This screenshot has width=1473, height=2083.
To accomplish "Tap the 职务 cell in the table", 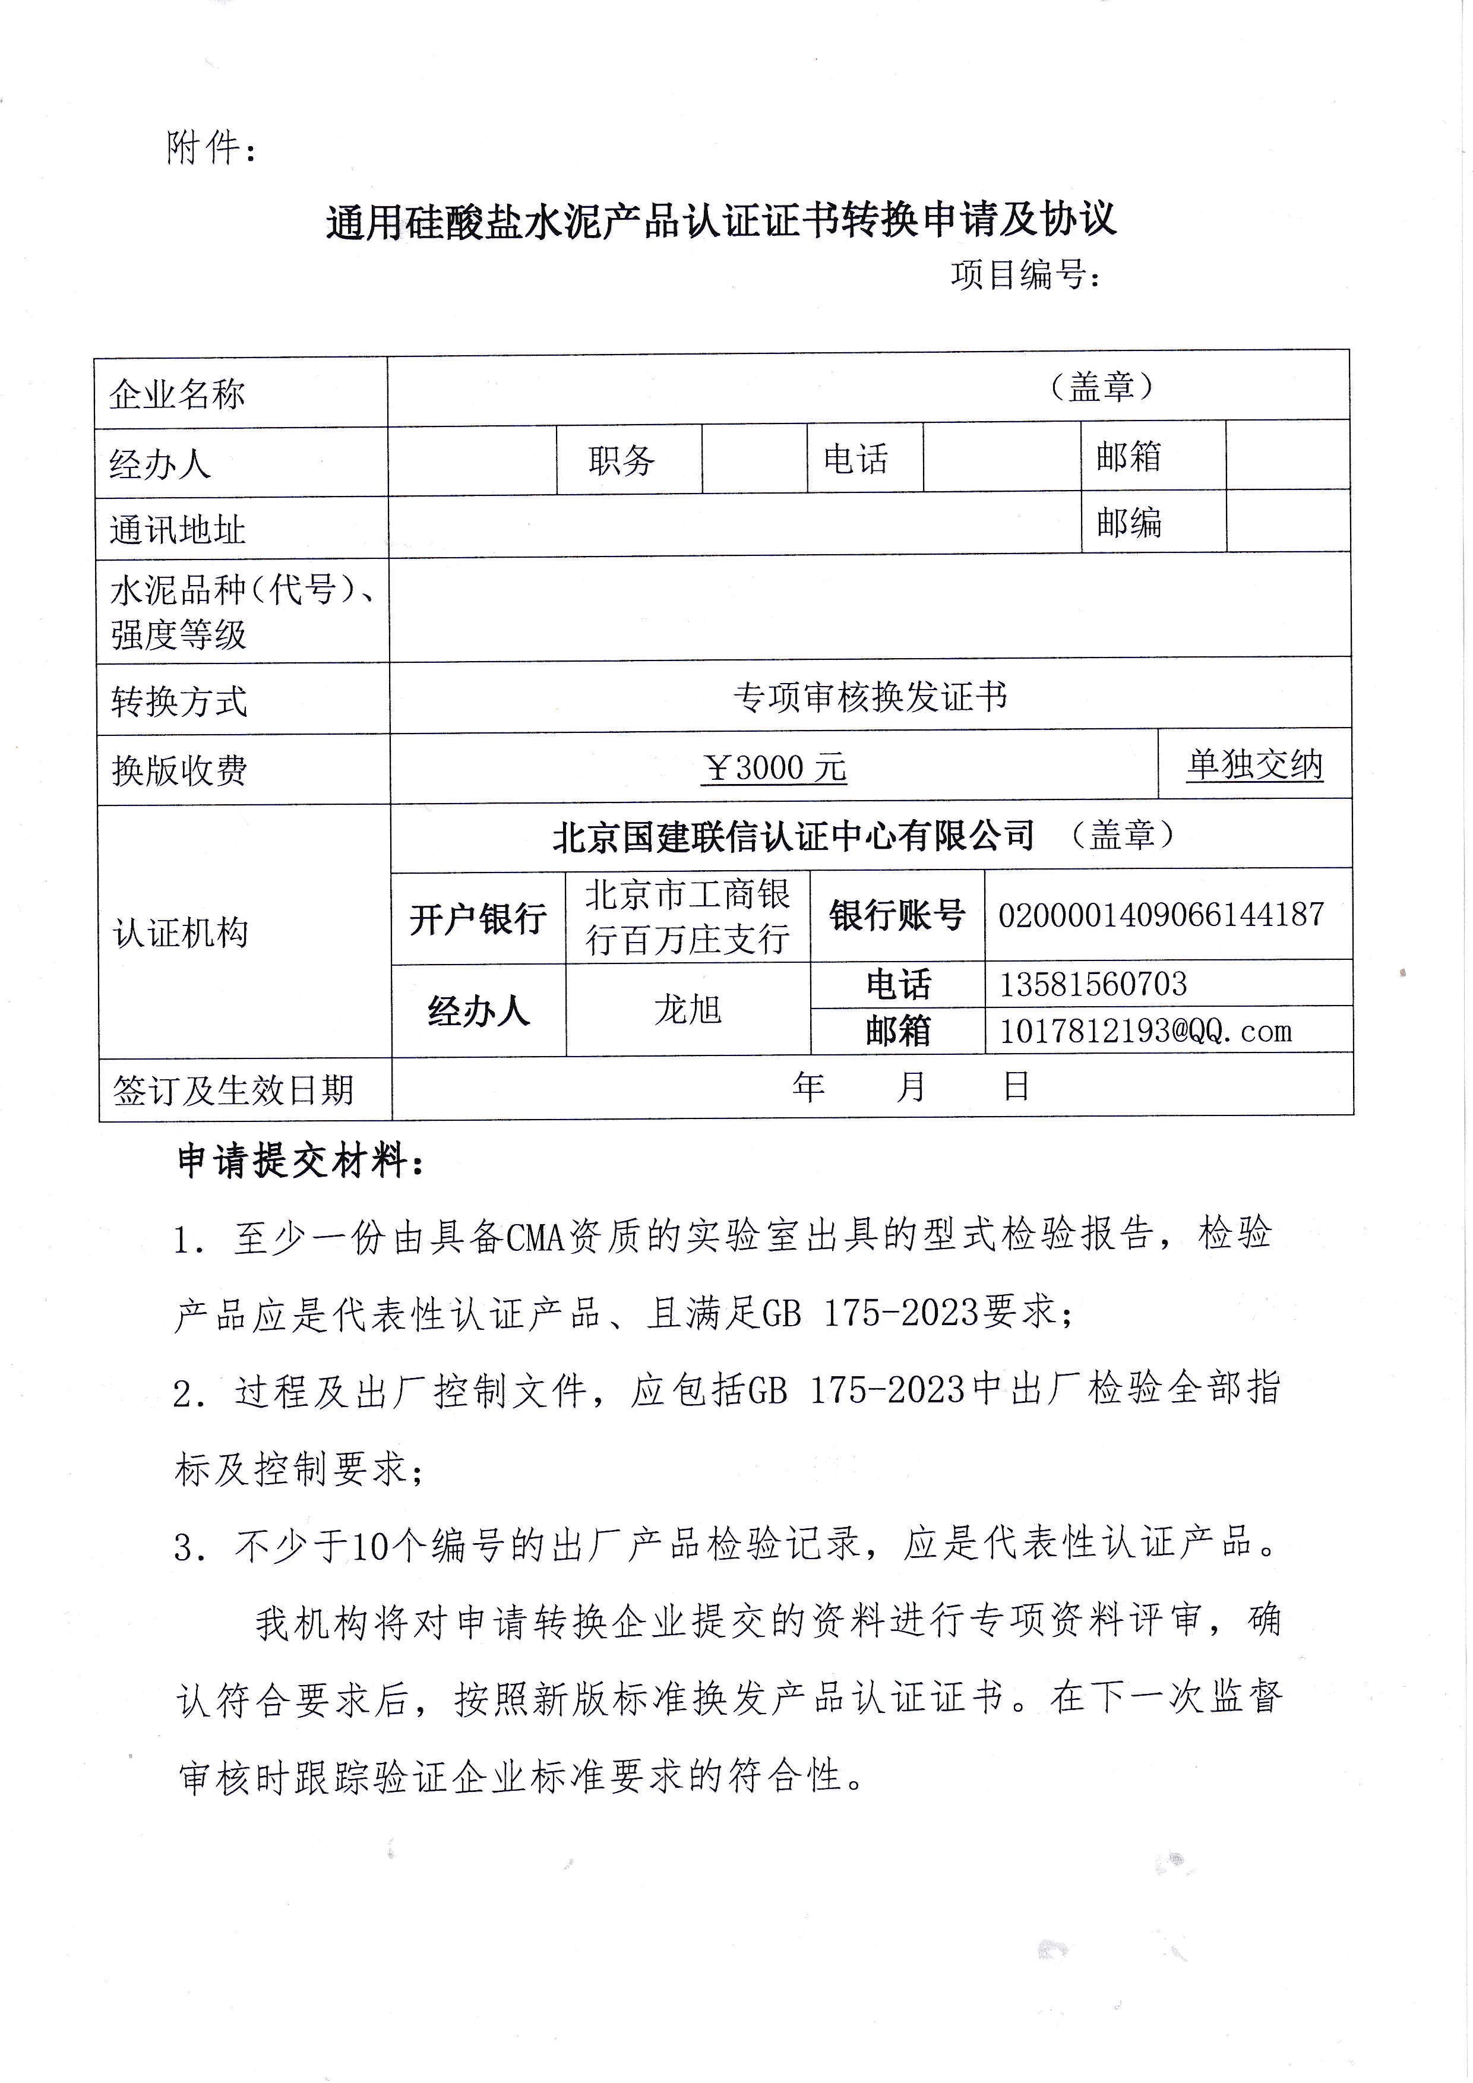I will pos(621,460).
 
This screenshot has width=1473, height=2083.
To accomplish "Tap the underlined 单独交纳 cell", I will pos(1254,766).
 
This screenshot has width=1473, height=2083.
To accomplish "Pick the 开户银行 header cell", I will pos(478,919).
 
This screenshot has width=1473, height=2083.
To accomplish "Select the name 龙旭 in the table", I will pos(688,1010).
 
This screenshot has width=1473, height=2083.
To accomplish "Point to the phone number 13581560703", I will pos(1093,984).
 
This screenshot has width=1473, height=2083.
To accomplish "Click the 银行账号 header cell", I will pos(897,915).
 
